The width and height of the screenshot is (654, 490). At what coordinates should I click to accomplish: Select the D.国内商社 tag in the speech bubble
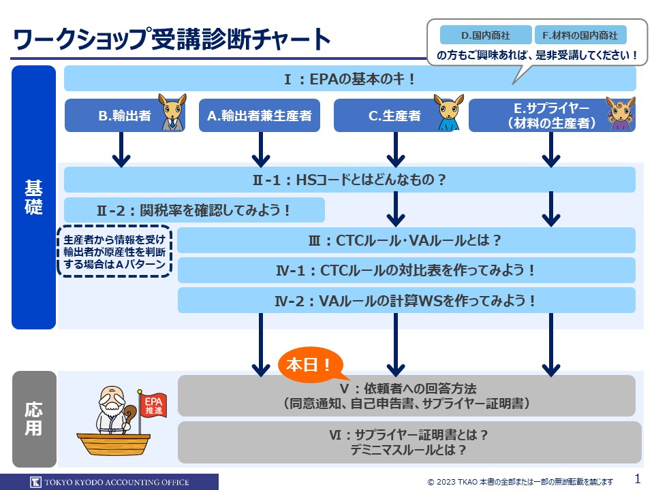[x=485, y=35]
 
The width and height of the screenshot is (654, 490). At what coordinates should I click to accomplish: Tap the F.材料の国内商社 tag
[x=580, y=35]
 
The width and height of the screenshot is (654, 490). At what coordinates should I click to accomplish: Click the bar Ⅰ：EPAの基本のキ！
[x=349, y=79]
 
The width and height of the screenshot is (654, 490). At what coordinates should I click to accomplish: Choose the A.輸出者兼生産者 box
[x=260, y=116]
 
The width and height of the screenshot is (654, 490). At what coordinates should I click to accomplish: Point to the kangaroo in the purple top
[x=621, y=114]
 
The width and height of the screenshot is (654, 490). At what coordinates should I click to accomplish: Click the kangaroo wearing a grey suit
[x=173, y=112]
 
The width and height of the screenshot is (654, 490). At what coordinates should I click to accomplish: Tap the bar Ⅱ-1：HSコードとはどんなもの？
[x=349, y=180]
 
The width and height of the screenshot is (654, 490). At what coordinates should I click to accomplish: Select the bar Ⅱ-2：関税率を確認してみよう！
[x=194, y=210]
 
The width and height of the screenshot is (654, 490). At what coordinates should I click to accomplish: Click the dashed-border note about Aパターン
[x=114, y=252]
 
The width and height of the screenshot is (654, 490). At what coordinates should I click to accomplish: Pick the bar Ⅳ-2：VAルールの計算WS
[x=406, y=300]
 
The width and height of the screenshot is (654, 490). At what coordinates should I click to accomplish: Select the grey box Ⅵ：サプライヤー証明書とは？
[x=409, y=442]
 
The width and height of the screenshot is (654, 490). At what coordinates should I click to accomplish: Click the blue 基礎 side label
[x=33, y=197]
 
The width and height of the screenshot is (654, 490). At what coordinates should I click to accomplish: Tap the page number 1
[x=637, y=478]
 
